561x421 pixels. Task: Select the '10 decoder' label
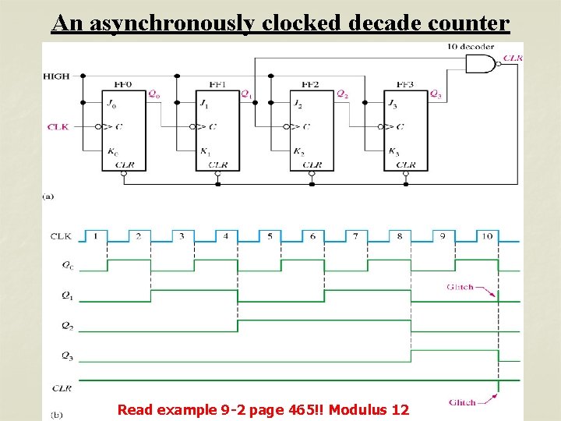[470, 47]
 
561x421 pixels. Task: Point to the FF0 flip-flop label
[124, 84]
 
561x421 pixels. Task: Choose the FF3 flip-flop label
[404, 84]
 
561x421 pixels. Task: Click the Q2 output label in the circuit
[342, 94]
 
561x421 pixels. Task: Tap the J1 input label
[203, 104]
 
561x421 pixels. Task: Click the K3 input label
[393, 151]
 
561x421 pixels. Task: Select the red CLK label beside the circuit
[58, 126]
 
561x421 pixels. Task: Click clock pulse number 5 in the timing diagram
[269, 235]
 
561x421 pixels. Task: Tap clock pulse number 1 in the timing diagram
[94, 235]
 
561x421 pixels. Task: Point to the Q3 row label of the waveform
[68, 356]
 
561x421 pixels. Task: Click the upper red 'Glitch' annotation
[460, 287]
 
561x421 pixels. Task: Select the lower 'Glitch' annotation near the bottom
[462, 402]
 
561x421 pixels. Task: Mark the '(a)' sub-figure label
[48, 196]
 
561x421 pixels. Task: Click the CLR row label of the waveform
[62, 387]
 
